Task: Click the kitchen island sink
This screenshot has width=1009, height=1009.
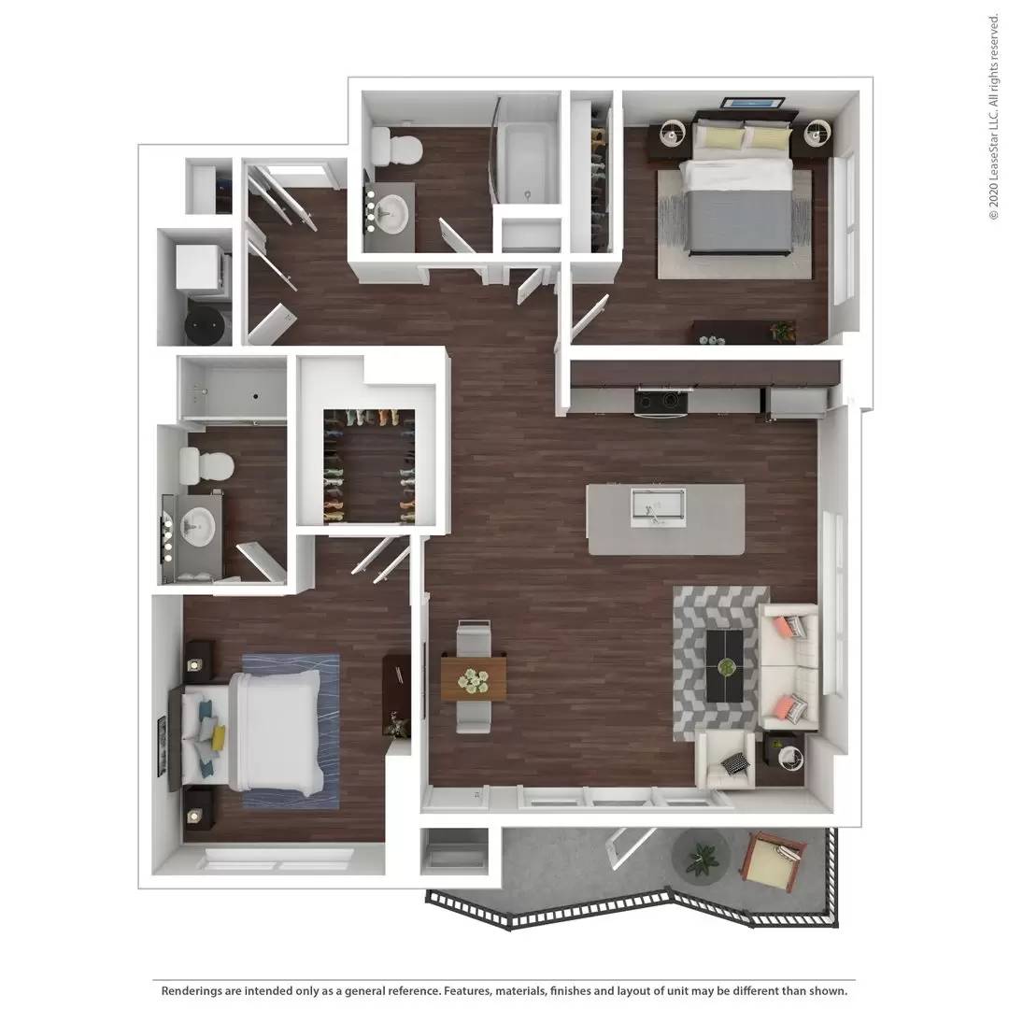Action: click(658, 506)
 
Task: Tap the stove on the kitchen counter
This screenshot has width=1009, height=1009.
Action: click(661, 403)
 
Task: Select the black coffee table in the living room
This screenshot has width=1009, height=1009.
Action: click(724, 665)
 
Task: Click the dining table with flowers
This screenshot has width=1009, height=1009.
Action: click(474, 678)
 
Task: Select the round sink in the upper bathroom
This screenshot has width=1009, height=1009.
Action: click(391, 213)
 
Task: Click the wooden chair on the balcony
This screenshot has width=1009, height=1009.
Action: click(773, 858)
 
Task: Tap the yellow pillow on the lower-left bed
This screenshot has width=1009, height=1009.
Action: click(218, 738)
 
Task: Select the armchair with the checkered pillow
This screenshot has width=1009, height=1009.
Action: click(726, 759)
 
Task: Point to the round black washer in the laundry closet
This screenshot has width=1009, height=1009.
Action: click(204, 322)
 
